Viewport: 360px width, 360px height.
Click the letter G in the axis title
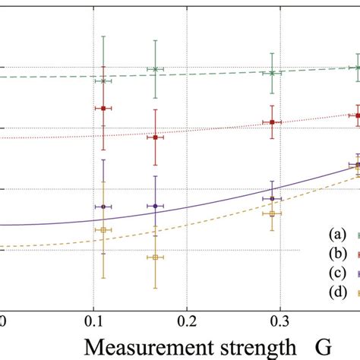322,346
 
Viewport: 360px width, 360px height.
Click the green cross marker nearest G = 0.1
103,81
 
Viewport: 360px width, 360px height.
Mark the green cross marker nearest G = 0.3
272,73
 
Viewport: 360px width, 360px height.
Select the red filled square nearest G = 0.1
103,109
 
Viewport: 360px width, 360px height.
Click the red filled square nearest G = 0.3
272,122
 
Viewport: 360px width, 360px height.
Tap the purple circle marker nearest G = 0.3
272,199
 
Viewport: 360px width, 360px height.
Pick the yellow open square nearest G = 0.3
272,214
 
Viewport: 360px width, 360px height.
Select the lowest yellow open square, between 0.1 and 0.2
155,257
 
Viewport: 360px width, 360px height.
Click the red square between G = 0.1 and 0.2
155,137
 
